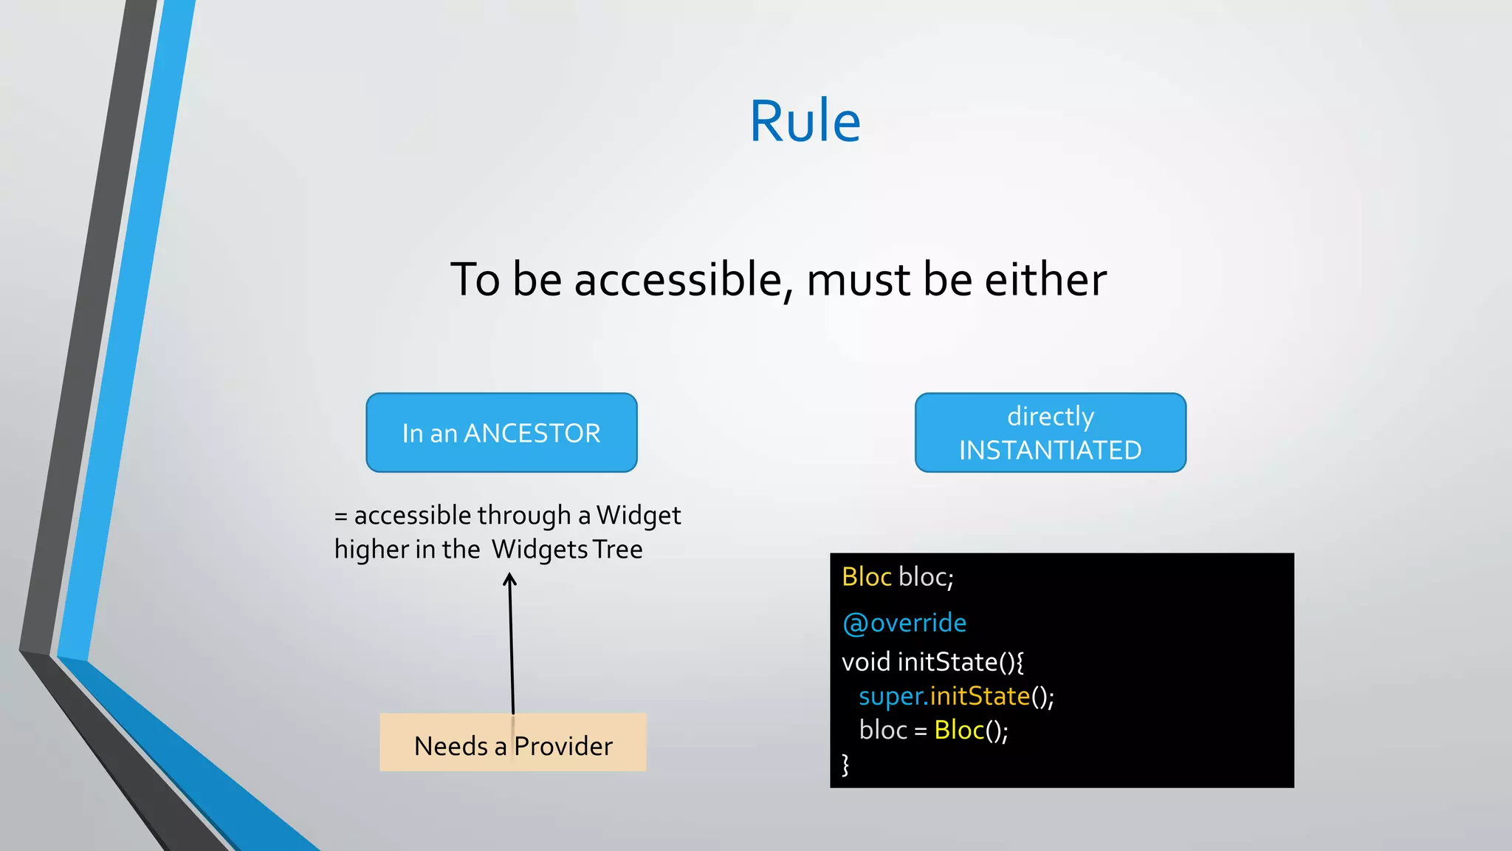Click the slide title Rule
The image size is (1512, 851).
click(x=805, y=122)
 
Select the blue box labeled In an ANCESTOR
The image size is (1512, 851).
click(x=501, y=433)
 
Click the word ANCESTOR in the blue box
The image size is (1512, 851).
click(x=532, y=434)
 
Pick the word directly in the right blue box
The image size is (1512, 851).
click(x=1051, y=417)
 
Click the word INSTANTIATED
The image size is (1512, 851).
click(x=1050, y=451)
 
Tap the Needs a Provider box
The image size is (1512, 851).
click(x=513, y=743)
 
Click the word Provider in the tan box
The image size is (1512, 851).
click(x=563, y=747)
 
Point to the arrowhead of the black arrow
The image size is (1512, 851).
click(x=509, y=581)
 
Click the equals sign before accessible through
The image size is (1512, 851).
click(x=340, y=516)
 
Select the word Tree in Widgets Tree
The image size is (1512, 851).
click(x=618, y=550)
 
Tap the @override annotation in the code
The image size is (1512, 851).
click(x=904, y=623)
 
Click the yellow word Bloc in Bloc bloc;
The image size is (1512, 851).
click(x=866, y=577)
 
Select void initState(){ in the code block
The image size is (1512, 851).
click(x=932, y=662)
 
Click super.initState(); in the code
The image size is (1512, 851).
click(x=956, y=697)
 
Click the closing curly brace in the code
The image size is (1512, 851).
click(x=846, y=765)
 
